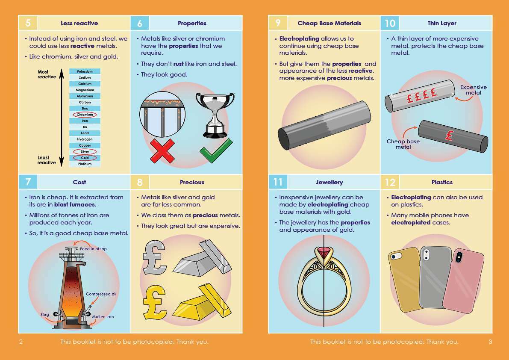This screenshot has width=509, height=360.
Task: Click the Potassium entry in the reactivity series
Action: (85, 71)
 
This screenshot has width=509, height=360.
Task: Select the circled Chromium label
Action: (85, 115)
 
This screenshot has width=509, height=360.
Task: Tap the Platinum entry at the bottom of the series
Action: (85, 164)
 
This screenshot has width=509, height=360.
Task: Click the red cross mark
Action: (163, 150)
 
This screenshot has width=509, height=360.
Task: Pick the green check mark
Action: (216, 150)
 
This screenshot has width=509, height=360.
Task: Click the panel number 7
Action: (28, 182)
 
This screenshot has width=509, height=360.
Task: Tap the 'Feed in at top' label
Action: (93, 249)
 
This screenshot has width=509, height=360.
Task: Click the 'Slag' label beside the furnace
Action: (45, 315)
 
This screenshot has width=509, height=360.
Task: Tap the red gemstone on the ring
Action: (324, 256)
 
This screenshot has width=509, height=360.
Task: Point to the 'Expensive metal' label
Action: (473, 90)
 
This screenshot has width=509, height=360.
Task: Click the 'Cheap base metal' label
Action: (403, 144)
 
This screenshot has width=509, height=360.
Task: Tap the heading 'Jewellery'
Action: (329, 182)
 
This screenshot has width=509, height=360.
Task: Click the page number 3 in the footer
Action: (490, 342)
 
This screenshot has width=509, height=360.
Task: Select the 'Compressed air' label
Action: (101, 294)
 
